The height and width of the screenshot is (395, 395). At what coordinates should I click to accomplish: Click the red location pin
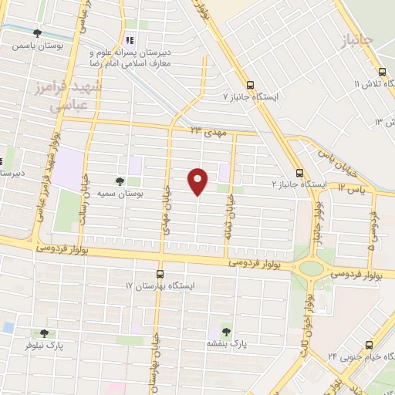tap(198, 181)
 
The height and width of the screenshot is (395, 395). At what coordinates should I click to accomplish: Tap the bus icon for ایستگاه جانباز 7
tap(249, 85)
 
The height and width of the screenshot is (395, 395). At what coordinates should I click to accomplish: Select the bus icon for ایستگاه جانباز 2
tap(299, 173)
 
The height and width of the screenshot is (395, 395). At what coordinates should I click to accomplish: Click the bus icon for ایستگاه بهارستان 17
tap(160, 274)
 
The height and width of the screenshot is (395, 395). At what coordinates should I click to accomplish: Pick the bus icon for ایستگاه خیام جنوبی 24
tap(368, 344)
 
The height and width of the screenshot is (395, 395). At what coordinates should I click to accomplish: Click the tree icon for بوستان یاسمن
tap(37, 33)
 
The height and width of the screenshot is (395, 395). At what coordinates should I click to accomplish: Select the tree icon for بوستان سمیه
tap(118, 181)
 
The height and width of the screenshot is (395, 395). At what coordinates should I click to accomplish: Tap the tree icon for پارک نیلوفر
tap(44, 333)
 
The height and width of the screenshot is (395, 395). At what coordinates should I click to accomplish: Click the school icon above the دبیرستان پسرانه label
tap(130, 40)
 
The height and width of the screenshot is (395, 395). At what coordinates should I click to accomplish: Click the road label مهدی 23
tap(206, 132)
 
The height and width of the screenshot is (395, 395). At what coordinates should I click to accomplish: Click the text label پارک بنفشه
tap(226, 341)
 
